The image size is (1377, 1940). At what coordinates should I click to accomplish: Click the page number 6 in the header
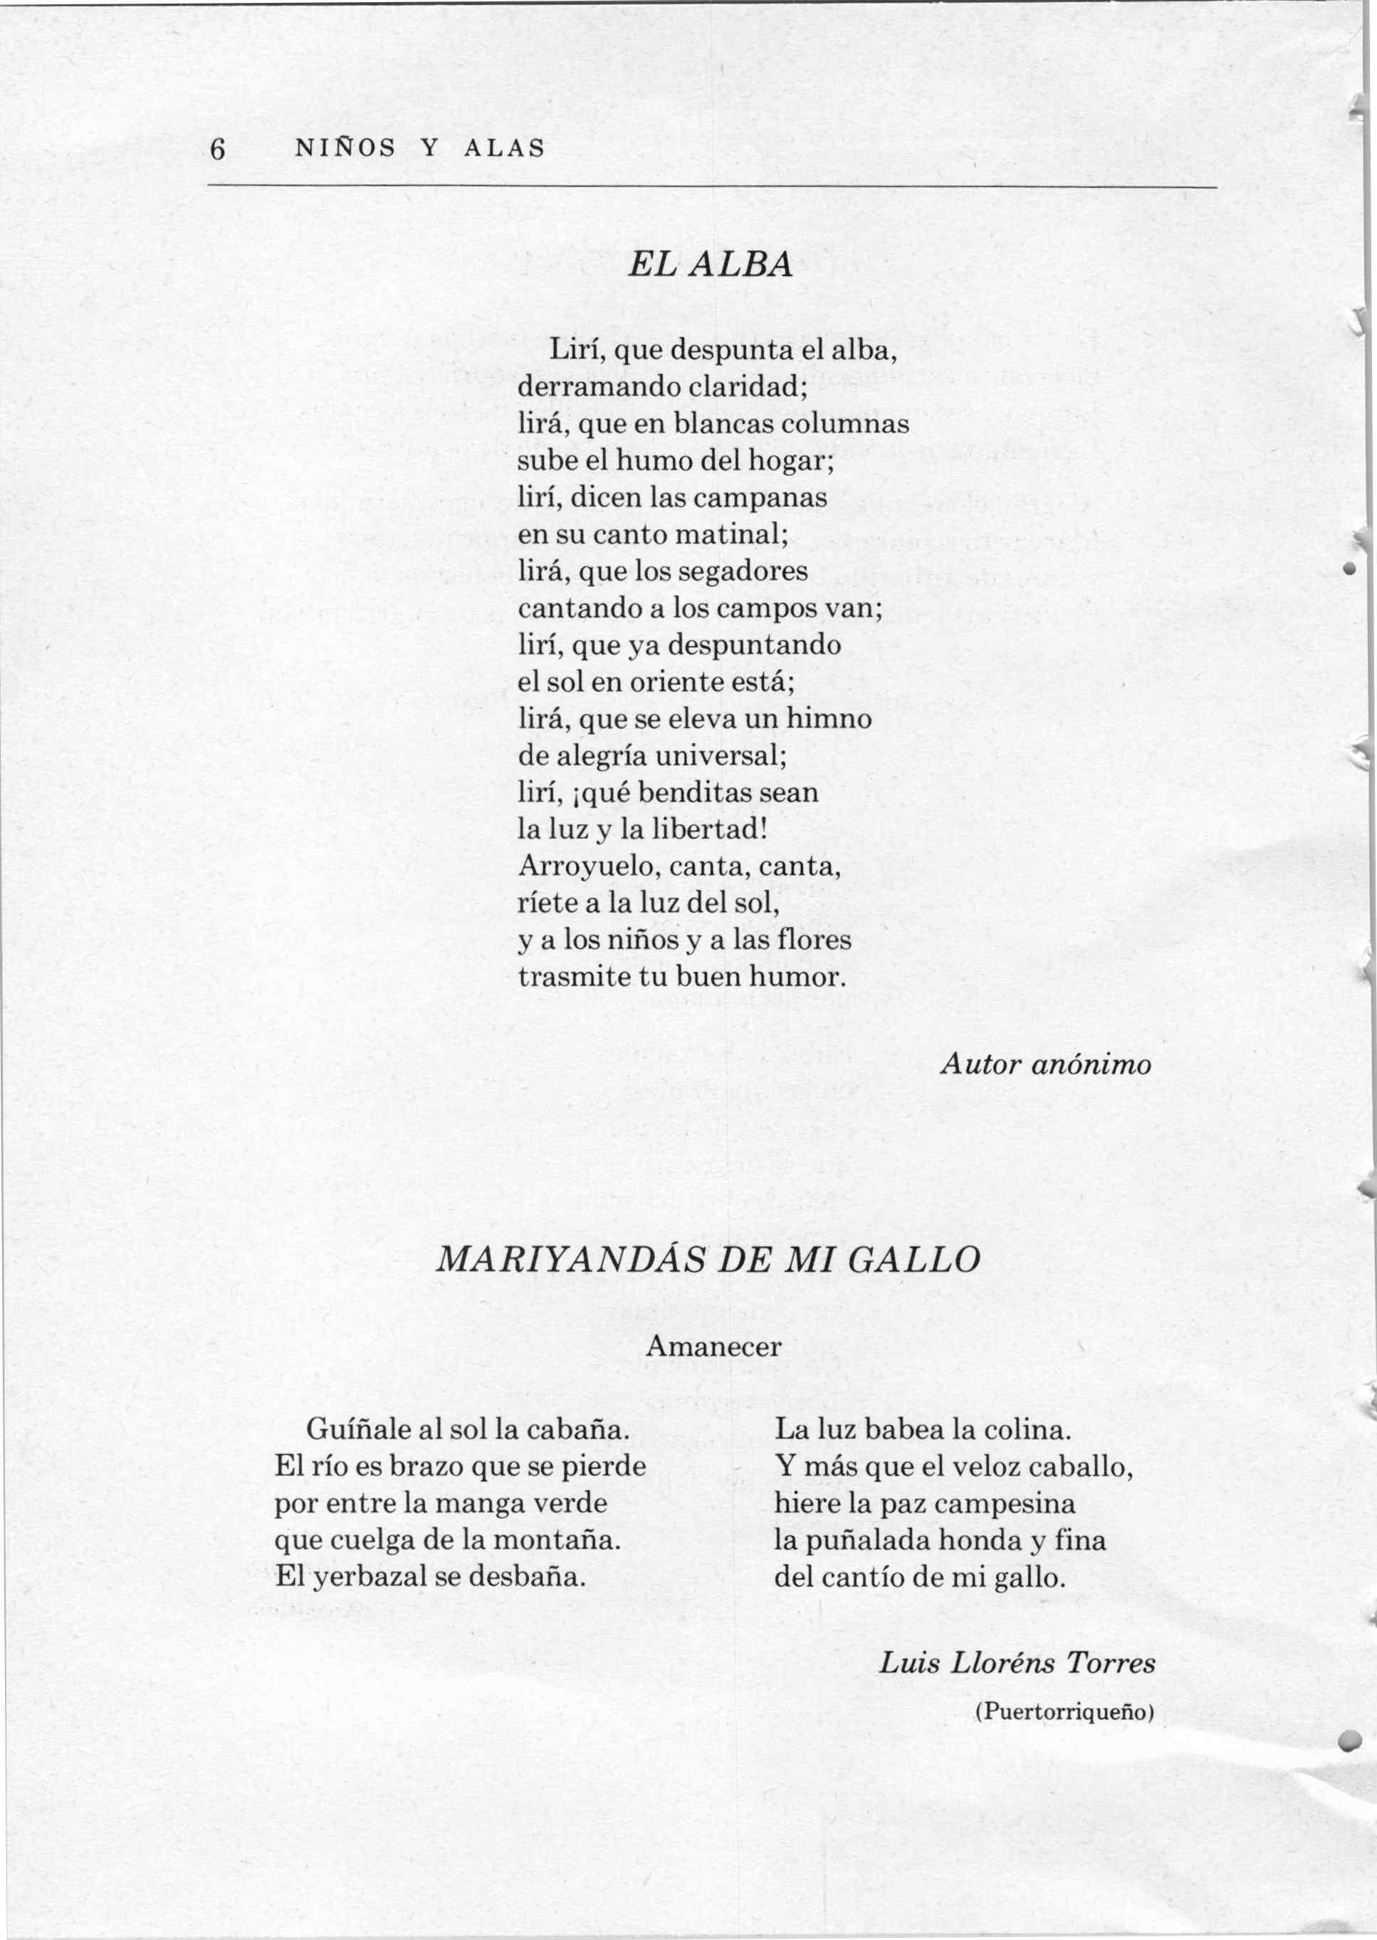point(218,150)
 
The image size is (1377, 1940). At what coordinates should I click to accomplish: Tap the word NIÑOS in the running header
point(345,150)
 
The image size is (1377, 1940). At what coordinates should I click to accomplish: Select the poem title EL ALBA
point(711,266)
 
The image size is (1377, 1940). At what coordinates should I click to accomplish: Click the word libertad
point(710,829)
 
